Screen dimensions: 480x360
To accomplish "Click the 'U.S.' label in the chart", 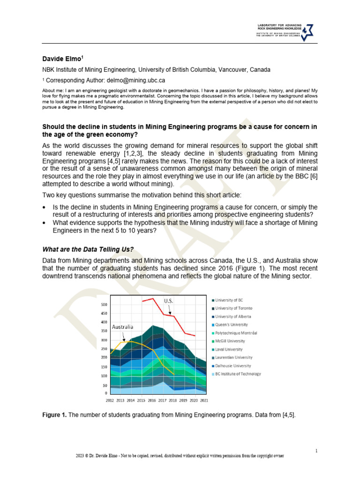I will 169,300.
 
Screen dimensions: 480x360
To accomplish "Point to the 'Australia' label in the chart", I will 122,326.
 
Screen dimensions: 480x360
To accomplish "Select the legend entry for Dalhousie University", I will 233,366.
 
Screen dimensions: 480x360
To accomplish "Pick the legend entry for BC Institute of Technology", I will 238,374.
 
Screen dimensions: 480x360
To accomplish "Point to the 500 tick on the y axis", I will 104,305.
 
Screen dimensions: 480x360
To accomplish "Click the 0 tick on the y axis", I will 106,393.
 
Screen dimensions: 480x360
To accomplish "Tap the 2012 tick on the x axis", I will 110,401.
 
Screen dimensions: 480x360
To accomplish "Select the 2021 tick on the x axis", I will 204,401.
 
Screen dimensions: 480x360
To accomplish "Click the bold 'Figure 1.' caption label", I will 54,415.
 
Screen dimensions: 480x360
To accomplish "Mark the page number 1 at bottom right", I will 316,451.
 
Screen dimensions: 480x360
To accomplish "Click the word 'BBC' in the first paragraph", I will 301,176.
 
